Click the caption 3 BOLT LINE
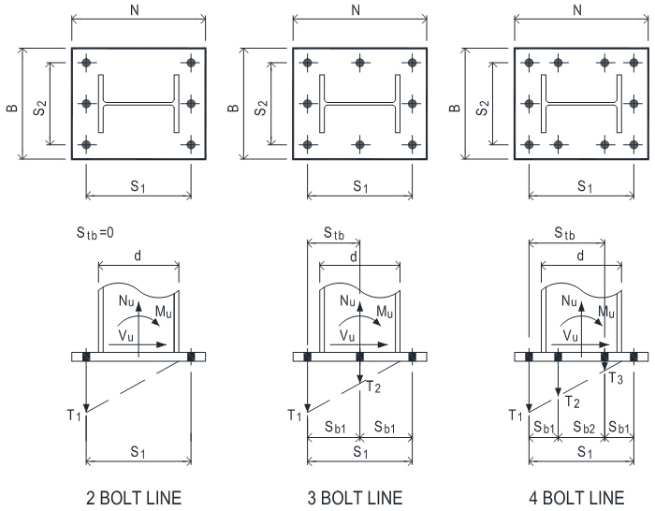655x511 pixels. pyautogui.click(x=360, y=496)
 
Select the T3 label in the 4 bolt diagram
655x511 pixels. pyautogui.click(x=615, y=378)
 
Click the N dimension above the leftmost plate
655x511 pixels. pyautogui.click(x=138, y=9)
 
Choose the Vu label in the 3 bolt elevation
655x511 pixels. pyautogui.click(x=343, y=333)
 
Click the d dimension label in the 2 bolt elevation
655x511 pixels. pyautogui.click(x=138, y=257)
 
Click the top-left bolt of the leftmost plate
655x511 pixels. pyautogui.click(x=86, y=63)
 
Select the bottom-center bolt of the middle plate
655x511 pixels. pyautogui.click(x=360, y=145)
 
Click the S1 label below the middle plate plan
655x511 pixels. pyautogui.click(x=360, y=186)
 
